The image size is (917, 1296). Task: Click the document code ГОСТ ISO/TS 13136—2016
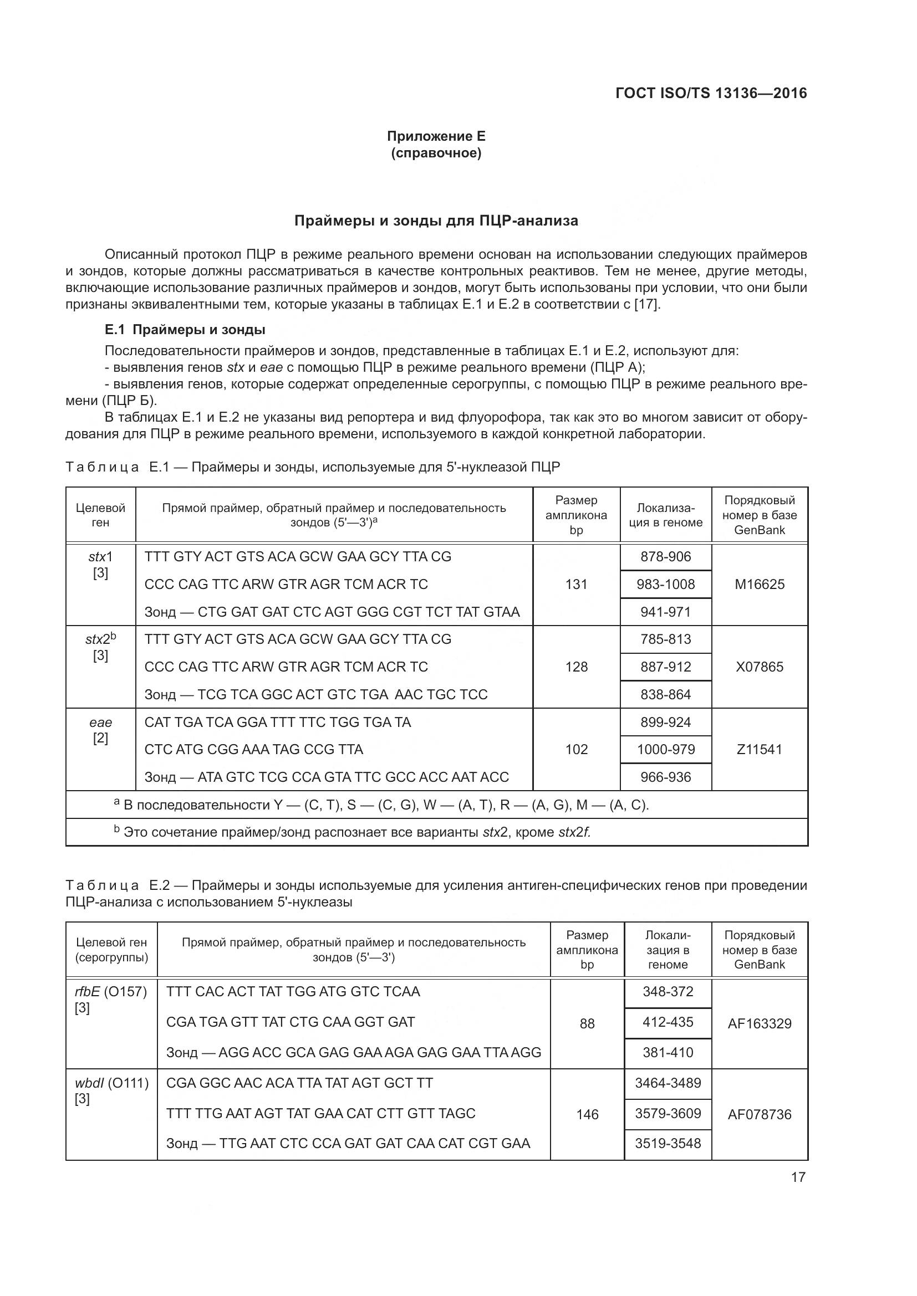pos(711,93)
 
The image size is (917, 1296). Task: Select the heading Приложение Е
pos(436,136)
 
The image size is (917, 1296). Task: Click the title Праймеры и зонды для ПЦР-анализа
pos(436,221)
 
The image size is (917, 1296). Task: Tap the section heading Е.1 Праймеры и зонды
pos(185,329)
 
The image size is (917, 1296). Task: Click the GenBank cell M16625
pos(760,584)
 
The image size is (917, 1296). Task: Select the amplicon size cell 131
pos(576,584)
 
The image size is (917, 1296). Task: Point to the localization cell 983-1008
pos(666,584)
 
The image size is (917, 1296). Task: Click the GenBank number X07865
pos(760,667)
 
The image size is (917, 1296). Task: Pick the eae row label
pos(100,723)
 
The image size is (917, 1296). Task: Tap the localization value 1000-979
pos(666,749)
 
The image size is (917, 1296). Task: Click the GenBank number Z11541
pos(760,749)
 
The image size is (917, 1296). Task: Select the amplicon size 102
pos(576,749)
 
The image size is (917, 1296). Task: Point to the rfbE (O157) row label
pos(111,991)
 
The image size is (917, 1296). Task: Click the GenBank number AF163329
pos(760,1023)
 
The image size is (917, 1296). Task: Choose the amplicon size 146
pos(587,1114)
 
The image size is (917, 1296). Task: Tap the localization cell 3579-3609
pos(668,1113)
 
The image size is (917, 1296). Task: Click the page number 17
pos(798,1177)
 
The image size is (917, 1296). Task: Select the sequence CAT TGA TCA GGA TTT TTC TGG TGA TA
pos(278,722)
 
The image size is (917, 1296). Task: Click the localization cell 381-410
pos(668,1052)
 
